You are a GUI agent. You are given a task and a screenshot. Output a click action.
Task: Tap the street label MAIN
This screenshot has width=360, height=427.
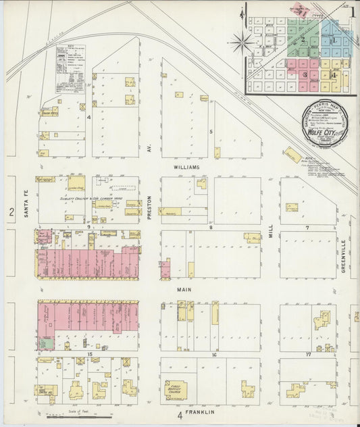185,290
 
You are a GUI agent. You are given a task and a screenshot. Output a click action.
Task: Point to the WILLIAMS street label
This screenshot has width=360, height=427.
185,167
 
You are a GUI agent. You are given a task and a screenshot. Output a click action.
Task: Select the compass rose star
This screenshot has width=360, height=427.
241,43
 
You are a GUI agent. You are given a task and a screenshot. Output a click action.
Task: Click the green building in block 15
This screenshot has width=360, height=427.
45,343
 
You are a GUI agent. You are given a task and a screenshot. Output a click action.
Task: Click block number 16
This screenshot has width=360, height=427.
213,355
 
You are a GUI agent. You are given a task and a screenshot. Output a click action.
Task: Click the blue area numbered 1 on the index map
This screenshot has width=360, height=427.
334,39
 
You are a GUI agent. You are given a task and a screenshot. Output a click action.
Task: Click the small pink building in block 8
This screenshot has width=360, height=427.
165,270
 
